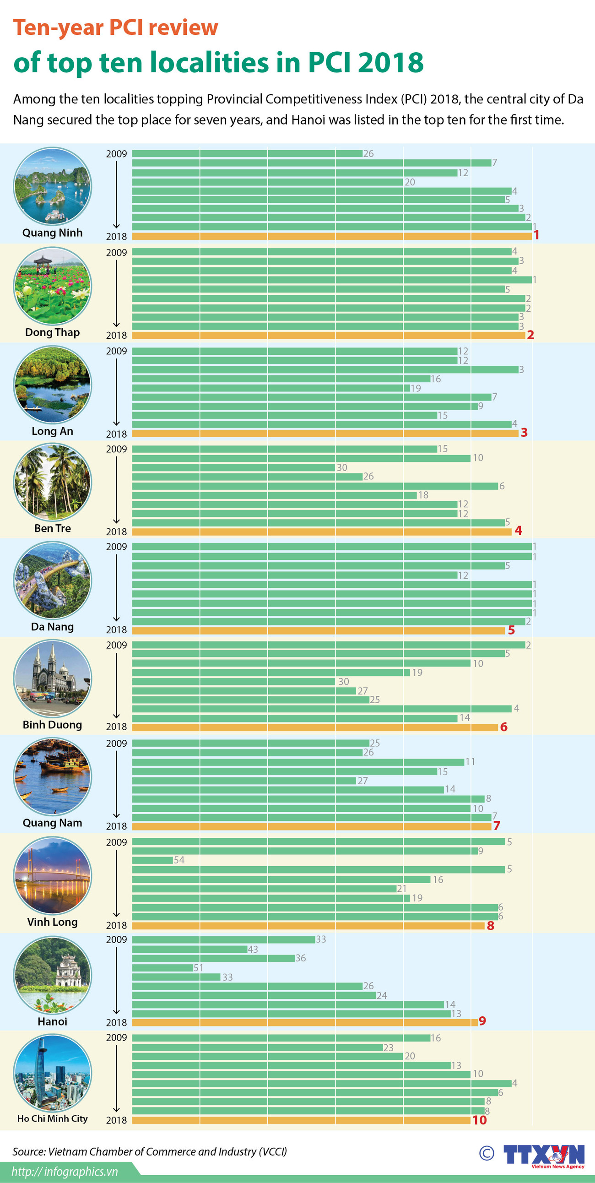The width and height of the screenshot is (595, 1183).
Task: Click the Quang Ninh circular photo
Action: coord(52,186)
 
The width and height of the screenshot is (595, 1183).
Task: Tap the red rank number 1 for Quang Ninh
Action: coord(536,235)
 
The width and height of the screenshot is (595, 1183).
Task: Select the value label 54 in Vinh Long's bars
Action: coord(179,860)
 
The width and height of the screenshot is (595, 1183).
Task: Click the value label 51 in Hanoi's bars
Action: coord(198,968)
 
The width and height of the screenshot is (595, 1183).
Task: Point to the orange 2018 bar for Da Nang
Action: coord(318,630)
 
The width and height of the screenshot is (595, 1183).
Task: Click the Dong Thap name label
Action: coord(52,332)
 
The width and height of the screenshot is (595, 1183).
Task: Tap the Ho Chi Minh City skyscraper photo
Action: coord(52,1073)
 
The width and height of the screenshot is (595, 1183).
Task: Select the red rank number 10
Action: coord(479,1120)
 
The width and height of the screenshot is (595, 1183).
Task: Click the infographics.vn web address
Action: coord(64,1172)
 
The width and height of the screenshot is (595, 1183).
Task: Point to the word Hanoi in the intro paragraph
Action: coord(308,120)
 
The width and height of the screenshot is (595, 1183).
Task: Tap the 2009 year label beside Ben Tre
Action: coord(116,449)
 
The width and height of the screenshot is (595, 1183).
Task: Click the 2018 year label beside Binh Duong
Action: coord(116,727)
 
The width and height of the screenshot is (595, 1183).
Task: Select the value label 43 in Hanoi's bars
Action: coord(253,949)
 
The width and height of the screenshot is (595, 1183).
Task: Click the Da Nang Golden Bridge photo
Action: coord(52,580)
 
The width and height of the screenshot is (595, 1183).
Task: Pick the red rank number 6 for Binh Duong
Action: coord(503,727)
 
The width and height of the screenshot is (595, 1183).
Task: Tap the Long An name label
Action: coord(52,431)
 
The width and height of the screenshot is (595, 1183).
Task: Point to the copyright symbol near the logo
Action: coord(487,1153)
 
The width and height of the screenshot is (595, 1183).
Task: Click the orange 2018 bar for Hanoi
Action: coord(304,1022)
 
